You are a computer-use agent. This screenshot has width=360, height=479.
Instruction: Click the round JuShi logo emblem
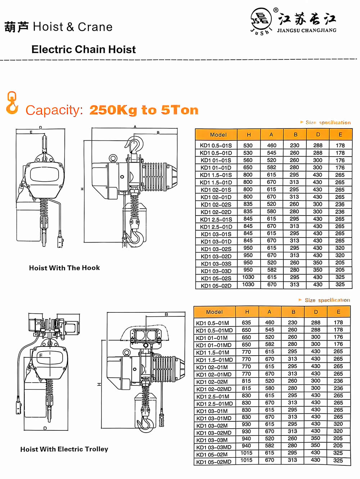point(261,20)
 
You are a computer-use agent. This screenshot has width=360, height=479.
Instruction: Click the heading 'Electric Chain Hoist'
point(84,49)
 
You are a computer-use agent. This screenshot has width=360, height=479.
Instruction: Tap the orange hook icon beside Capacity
point(12,103)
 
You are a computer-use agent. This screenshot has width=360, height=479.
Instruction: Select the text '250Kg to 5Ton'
point(144,110)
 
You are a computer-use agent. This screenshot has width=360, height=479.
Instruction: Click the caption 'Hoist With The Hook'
point(64,268)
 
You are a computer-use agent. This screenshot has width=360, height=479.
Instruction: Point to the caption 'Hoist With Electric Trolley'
point(64,449)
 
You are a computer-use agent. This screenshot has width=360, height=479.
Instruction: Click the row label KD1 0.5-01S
point(216,145)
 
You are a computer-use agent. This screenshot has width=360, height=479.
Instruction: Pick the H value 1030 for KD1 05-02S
point(248,277)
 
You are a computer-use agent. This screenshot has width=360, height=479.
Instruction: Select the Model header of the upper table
point(218,135)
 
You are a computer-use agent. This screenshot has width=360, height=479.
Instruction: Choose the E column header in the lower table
point(338,312)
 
